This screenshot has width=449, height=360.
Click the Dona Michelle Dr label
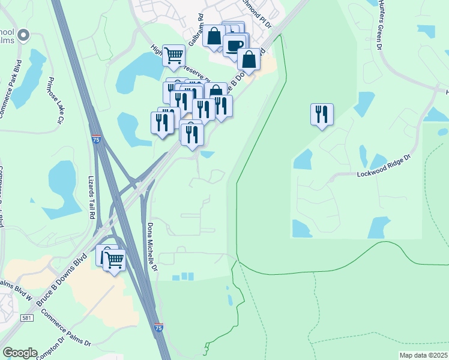click(x=152, y=247)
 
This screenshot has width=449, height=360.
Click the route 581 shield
click(x=26, y=317)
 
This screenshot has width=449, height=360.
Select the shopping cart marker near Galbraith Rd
click(x=173, y=55)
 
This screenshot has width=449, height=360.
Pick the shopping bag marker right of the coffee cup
click(x=249, y=59)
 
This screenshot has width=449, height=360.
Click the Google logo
click(x=20, y=353)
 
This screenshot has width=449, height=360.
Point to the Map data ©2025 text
click(x=423, y=355)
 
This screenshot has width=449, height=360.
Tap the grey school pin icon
click(x=24, y=36)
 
